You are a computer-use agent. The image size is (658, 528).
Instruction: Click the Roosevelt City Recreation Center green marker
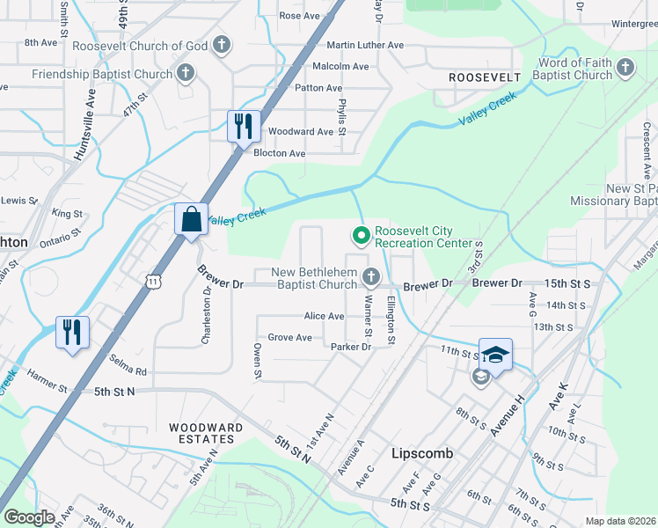360,235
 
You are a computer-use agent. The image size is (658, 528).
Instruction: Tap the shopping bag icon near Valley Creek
191,218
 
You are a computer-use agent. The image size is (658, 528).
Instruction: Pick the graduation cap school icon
495,356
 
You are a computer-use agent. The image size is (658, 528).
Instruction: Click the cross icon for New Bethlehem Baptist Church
371,278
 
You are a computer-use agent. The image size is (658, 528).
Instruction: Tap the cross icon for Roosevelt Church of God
222,46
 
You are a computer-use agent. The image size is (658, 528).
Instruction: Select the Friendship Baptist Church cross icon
186,74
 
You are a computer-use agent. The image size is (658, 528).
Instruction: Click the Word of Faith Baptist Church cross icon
625,68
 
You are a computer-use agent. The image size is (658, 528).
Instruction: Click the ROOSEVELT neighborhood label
485,77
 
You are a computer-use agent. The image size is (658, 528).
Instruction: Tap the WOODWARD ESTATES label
206,434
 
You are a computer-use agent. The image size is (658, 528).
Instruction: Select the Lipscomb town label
421,453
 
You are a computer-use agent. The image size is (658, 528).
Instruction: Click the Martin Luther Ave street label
364,45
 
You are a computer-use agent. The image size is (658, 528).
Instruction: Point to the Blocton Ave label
279,153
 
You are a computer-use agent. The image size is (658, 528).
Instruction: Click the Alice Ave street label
324,316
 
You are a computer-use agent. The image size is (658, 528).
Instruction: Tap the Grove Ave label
290,337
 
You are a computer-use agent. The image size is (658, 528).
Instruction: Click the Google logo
29,517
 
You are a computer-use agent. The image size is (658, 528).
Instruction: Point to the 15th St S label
567,283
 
